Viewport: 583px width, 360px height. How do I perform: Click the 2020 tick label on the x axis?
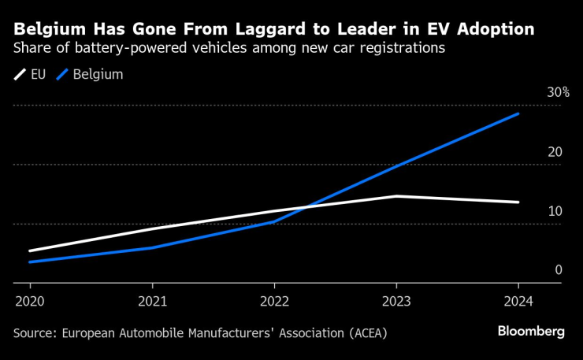click(30, 302)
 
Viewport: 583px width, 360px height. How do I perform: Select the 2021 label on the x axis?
click(152, 302)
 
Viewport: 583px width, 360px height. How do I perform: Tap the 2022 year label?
click(274, 302)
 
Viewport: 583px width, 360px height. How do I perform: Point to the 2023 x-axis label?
click(396, 302)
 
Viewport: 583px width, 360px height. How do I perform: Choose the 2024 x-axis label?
click(518, 302)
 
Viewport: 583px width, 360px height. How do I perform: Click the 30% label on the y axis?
click(559, 92)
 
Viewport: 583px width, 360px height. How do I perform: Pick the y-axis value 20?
click(555, 151)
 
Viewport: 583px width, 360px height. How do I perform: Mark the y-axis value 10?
click(555, 210)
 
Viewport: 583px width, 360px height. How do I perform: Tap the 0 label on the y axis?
click(558, 269)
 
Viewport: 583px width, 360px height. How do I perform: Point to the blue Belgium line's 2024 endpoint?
click(518, 113)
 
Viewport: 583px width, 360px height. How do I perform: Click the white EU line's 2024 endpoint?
click(518, 202)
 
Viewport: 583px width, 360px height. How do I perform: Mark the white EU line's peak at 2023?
click(396, 196)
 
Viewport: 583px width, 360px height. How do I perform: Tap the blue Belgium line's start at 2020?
click(30, 262)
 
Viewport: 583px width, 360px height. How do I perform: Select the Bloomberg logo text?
click(531, 332)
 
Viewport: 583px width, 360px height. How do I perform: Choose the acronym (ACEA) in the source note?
click(366, 332)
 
